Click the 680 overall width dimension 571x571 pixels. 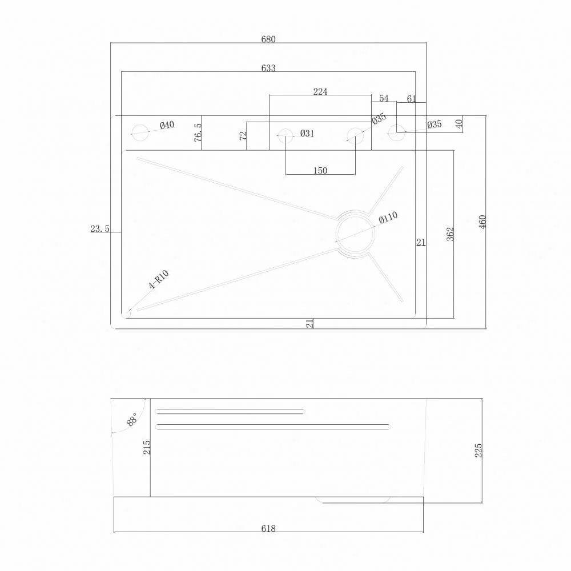268,39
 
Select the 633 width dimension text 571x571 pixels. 268,68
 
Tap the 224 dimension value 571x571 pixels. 320,92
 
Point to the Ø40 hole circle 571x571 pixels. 140,132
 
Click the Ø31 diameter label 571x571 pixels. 307,134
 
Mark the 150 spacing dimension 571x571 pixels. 320,170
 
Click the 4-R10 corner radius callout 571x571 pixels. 159,280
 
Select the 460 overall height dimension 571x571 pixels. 482,222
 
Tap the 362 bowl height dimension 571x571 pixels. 451,234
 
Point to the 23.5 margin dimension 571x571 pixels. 100,229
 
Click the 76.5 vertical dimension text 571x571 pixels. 198,132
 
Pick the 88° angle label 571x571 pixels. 132,419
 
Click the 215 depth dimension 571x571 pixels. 146,447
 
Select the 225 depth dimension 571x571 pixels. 478,451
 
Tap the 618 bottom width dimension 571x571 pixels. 268,528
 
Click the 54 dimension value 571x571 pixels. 384,98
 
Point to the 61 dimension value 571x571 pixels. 411,99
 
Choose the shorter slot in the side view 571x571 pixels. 230,412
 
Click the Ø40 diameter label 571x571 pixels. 167,125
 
